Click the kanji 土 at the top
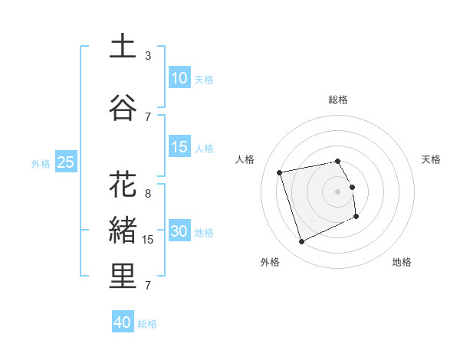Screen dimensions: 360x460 (x=123, y=47)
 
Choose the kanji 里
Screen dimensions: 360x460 (x=123, y=277)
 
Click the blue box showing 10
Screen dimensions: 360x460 (x=179, y=78)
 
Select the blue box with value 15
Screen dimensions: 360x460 (x=179, y=147)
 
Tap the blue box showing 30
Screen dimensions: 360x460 (x=179, y=231)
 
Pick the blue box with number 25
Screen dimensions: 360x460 (x=65, y=162)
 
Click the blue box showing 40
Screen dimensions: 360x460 (x=123, y=322)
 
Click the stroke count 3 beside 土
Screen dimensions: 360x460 (x=148, y=55)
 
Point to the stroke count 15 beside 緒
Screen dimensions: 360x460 (x=148, y=239)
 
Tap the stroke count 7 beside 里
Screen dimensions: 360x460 (x=148, y=285)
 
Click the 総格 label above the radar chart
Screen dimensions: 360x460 (x=338, y=100)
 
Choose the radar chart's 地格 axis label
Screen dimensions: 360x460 (x=402, y=262)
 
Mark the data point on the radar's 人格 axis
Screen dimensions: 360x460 (x=280, y=172)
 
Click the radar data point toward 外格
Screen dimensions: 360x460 (x=301, y=242)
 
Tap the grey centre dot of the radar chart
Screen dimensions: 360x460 (x=338, y=191)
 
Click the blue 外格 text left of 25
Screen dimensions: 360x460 (x=40, y=162)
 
